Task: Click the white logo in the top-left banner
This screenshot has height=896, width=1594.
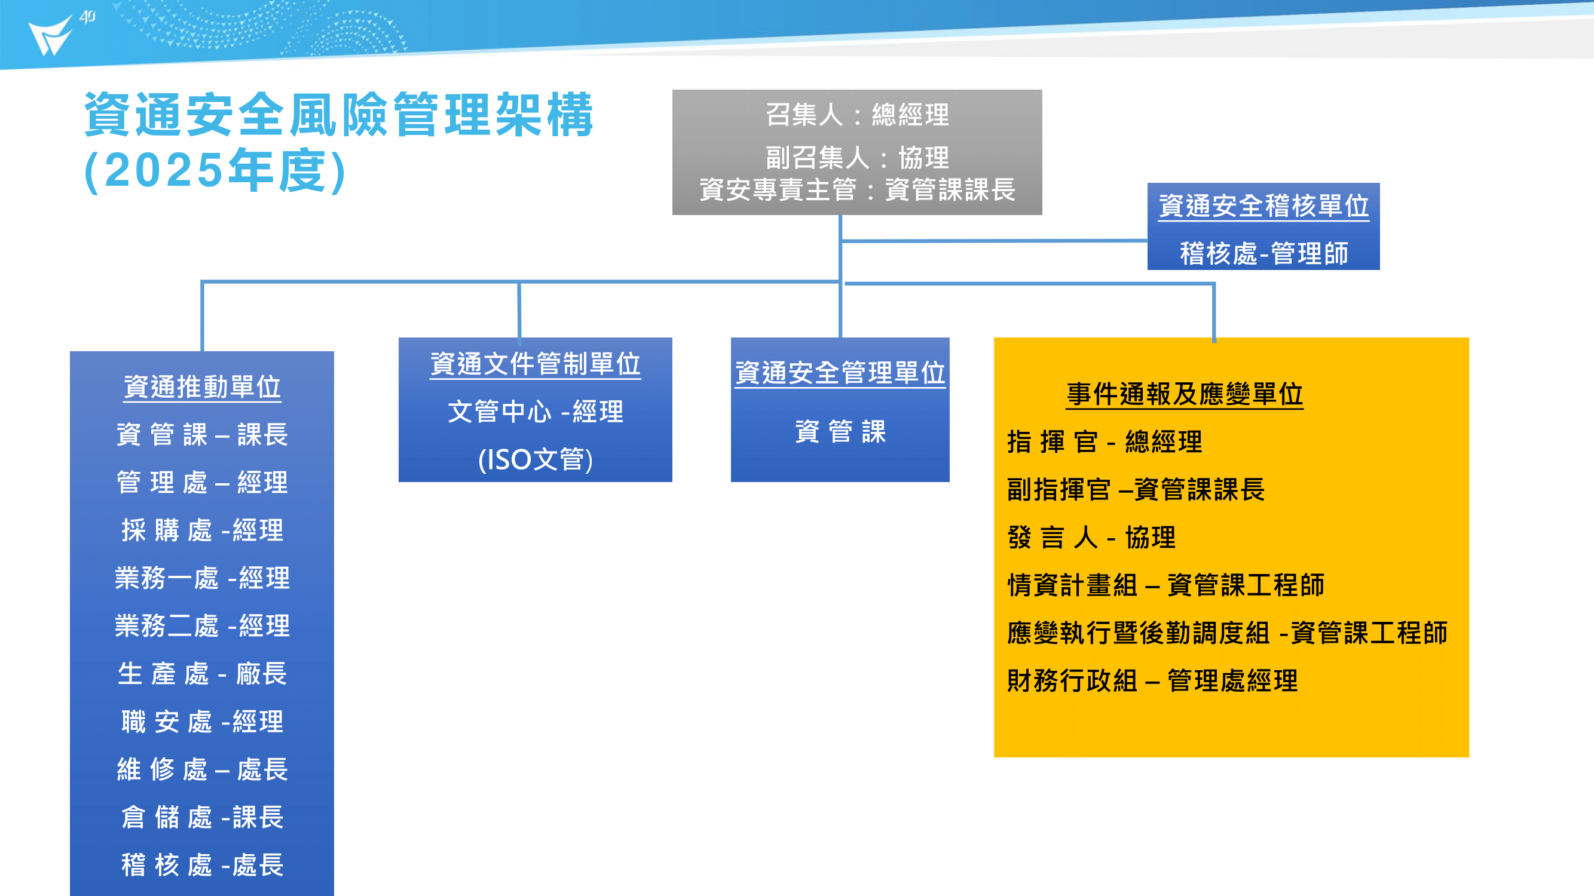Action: (51, 35)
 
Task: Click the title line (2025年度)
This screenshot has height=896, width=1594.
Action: (215, 170)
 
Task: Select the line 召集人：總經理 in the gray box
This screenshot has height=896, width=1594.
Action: (857, 115)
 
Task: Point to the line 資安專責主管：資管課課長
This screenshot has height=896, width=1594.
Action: (857, 189)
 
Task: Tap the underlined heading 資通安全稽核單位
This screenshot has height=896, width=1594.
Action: (1263, 206)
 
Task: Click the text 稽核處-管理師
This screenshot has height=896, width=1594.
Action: (1263, 253)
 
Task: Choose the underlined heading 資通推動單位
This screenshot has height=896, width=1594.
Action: (203, 387)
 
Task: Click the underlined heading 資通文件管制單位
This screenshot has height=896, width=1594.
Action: (536, 364)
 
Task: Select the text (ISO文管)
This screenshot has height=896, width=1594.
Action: (536, 459)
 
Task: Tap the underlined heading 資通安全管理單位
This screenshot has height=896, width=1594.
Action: (840, 373)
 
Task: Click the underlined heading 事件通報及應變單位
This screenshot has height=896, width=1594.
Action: (1185, 394)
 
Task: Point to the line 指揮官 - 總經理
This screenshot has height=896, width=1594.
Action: (1105, 441)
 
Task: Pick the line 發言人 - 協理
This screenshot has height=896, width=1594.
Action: (1091, 538)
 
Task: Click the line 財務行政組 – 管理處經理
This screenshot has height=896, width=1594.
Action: (1152, 681)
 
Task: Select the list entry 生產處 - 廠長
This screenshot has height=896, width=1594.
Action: (203, 674)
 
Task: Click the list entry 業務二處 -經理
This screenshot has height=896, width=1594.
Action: (203, 627)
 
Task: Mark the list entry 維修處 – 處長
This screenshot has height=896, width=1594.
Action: (203, 770)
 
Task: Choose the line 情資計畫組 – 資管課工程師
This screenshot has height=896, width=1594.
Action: (1166, 585)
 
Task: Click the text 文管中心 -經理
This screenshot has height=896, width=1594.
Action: (536, 412)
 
